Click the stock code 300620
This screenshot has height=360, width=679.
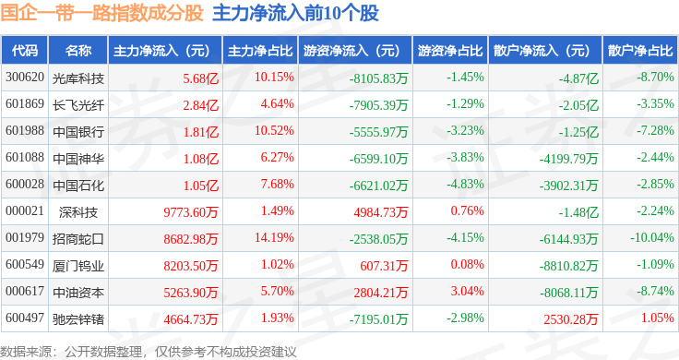[x=25, y=78]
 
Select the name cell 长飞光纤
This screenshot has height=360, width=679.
[x=78, y=105]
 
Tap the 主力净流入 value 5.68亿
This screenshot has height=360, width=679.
[x=200, y=78]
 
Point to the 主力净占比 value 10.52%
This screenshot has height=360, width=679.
[x=274, y=131]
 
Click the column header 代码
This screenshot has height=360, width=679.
[x=25, y=50]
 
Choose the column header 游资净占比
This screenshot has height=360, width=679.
[x=450, y=51]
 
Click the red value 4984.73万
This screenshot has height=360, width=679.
[x=381, y=211]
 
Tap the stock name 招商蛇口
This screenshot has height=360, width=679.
[x=78, y=239]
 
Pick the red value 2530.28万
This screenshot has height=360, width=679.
[x=571, y=319]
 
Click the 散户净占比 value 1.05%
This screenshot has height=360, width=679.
[x=658, y=318]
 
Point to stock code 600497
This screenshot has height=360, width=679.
[x=25, y=318]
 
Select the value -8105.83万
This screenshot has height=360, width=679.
[x=379, y=78]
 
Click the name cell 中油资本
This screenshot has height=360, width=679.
[x=78, y=293]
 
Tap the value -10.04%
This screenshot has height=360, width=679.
[x=652, y=238]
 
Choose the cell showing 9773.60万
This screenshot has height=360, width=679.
[x=191, y=211]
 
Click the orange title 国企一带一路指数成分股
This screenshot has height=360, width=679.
[x=101, y=13]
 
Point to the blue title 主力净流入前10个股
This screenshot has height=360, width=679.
[x=296, y=13]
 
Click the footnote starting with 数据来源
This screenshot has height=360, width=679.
[x=149, y=352]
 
